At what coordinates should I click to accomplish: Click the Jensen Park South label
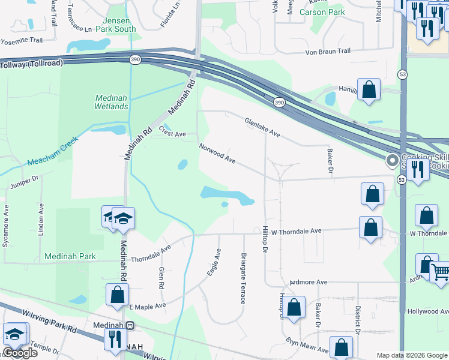(x=116, y=23)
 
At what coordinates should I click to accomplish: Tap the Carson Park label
(x=321, y=12)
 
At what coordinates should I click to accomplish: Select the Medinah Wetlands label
(x=111, y=102)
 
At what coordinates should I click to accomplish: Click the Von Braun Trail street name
(x=328, y=52)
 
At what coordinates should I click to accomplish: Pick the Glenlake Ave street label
(x=262, y=127)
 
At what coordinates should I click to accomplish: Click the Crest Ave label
(x=172, y=134)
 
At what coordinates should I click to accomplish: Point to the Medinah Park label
(x=70, y=256)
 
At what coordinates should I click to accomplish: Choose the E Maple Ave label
(x=148, y=306)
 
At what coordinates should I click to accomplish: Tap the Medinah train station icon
(x=130, y=325)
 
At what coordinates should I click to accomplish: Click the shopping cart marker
(x=440, y=272)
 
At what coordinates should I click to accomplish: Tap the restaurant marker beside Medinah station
(x=112, y=338)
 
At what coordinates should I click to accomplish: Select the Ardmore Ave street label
(x=308, y=282)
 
